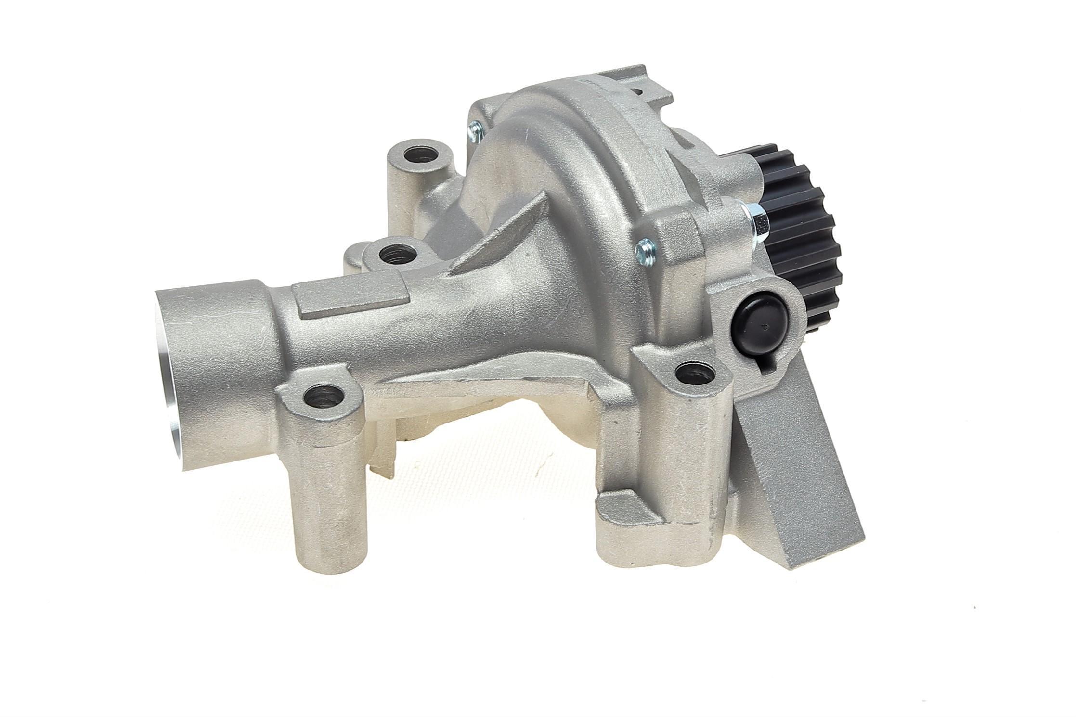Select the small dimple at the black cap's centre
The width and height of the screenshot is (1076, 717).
tap(765, 327)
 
